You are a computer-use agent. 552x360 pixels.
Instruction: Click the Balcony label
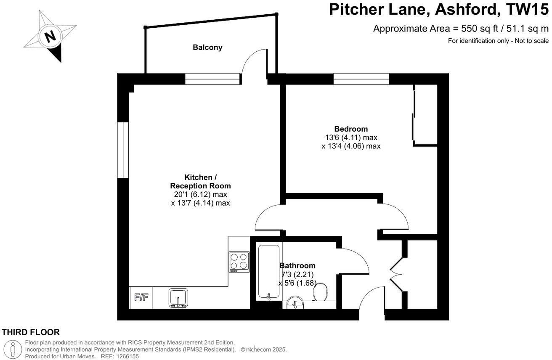[207, 48]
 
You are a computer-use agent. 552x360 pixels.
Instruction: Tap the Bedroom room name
[351, 129]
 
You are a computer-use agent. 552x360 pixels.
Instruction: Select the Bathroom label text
[297, 266]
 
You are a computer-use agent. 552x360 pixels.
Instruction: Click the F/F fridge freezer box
[141, 298]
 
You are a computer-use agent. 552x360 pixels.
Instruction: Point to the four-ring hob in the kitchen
[238, 261]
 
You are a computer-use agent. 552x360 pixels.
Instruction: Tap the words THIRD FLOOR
[31, 332]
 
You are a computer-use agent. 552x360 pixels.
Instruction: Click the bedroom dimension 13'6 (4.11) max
[351, 138]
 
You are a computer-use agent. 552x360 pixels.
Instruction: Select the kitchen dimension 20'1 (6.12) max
[200, 194]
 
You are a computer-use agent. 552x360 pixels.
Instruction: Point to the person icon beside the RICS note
[13, 349]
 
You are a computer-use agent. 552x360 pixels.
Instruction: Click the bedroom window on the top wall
[361, 79]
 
